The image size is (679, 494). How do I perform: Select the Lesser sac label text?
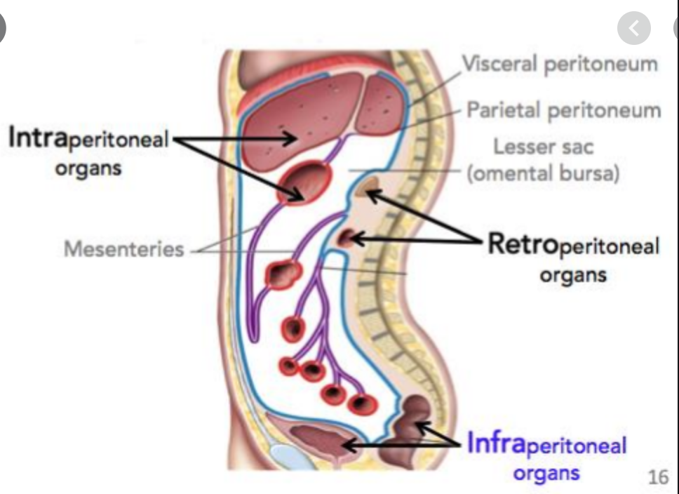tap(543, 147)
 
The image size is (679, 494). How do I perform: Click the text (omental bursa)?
tap(543, 173)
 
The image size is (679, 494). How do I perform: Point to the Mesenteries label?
tap(124, 249)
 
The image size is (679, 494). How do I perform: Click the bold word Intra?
tap(38, 137)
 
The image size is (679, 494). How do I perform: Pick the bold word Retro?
tap(523, 243)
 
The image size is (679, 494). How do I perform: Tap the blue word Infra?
tap(496, 443)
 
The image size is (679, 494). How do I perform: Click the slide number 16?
tap(658, 477)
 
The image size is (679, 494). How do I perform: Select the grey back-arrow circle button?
tap(633, 29)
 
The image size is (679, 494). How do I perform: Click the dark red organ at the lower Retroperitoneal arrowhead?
tap(346, 238)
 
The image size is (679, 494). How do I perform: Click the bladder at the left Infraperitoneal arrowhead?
tap(321, 440)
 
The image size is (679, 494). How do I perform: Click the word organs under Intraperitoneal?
tap(88, 169)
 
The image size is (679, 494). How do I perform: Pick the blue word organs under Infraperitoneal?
tap(546, 473)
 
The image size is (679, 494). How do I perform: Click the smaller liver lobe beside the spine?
tap(381, 105)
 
